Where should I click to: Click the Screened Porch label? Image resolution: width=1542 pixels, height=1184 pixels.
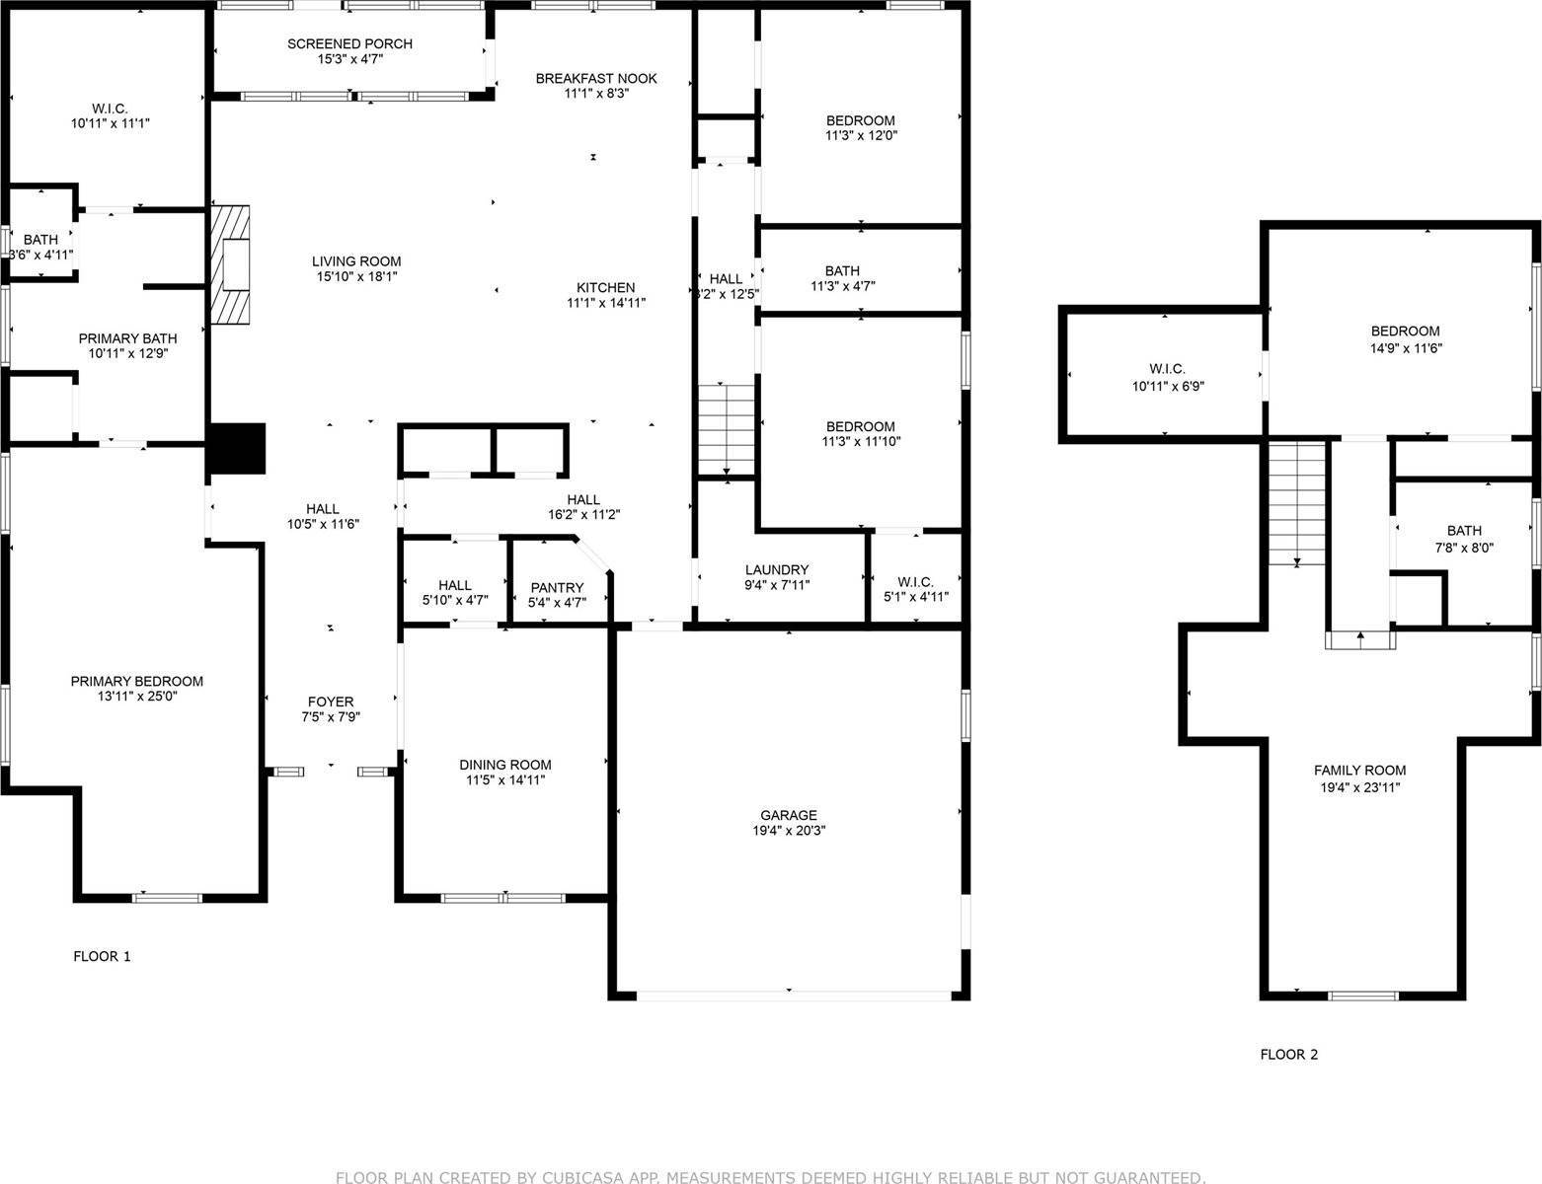pos(349,44)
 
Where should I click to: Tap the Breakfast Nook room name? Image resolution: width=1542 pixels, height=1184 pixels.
pos(595,79)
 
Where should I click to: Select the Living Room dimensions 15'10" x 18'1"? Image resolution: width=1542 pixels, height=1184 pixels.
pos(356,277)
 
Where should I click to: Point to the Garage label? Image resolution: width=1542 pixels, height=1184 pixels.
pos(788,815)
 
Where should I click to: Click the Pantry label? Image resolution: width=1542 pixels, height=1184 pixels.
pos(557,588)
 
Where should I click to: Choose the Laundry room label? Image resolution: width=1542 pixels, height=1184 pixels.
pos(776,569)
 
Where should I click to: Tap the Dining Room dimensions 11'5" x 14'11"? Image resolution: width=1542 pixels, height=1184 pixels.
pos(505,780)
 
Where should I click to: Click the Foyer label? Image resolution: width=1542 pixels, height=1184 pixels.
pos(330,703)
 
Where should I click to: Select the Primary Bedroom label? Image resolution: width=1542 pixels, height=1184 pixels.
pos(136,681)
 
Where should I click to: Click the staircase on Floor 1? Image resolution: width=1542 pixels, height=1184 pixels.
pos(727,429)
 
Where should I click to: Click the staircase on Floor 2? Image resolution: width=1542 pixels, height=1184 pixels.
pos(1296,503)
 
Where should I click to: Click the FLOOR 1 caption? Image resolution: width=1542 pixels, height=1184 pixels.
pos(102,956)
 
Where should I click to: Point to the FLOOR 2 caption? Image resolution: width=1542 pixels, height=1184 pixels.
pos(1288,1055)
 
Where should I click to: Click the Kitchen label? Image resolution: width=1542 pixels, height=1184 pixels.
pos(605,288)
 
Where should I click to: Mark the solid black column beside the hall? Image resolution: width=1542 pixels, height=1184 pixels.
pos(237,449)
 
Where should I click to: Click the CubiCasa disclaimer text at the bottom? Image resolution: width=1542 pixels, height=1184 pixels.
pos(770,1177)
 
